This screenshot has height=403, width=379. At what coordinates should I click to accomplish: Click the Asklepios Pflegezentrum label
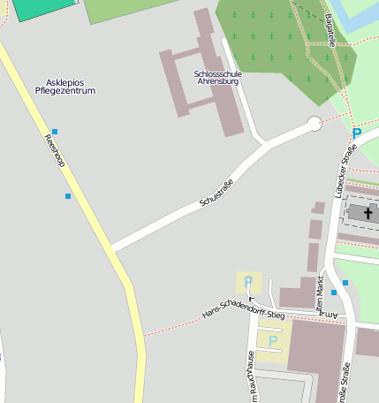[64, 87]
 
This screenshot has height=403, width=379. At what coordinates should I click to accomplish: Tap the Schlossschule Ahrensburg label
[216, 78]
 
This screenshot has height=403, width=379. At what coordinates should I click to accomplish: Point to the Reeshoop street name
[56, 151]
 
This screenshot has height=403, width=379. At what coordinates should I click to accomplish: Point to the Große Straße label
[342, 379]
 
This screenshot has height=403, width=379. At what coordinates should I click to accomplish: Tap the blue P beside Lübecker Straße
[357, 134]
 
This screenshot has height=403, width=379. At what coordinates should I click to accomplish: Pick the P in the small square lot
[247, 282]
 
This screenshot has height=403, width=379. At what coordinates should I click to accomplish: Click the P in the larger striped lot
[273, 341]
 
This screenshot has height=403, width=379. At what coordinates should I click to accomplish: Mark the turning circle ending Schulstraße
[314, 125]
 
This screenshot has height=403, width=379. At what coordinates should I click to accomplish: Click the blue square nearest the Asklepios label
[54, 132]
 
